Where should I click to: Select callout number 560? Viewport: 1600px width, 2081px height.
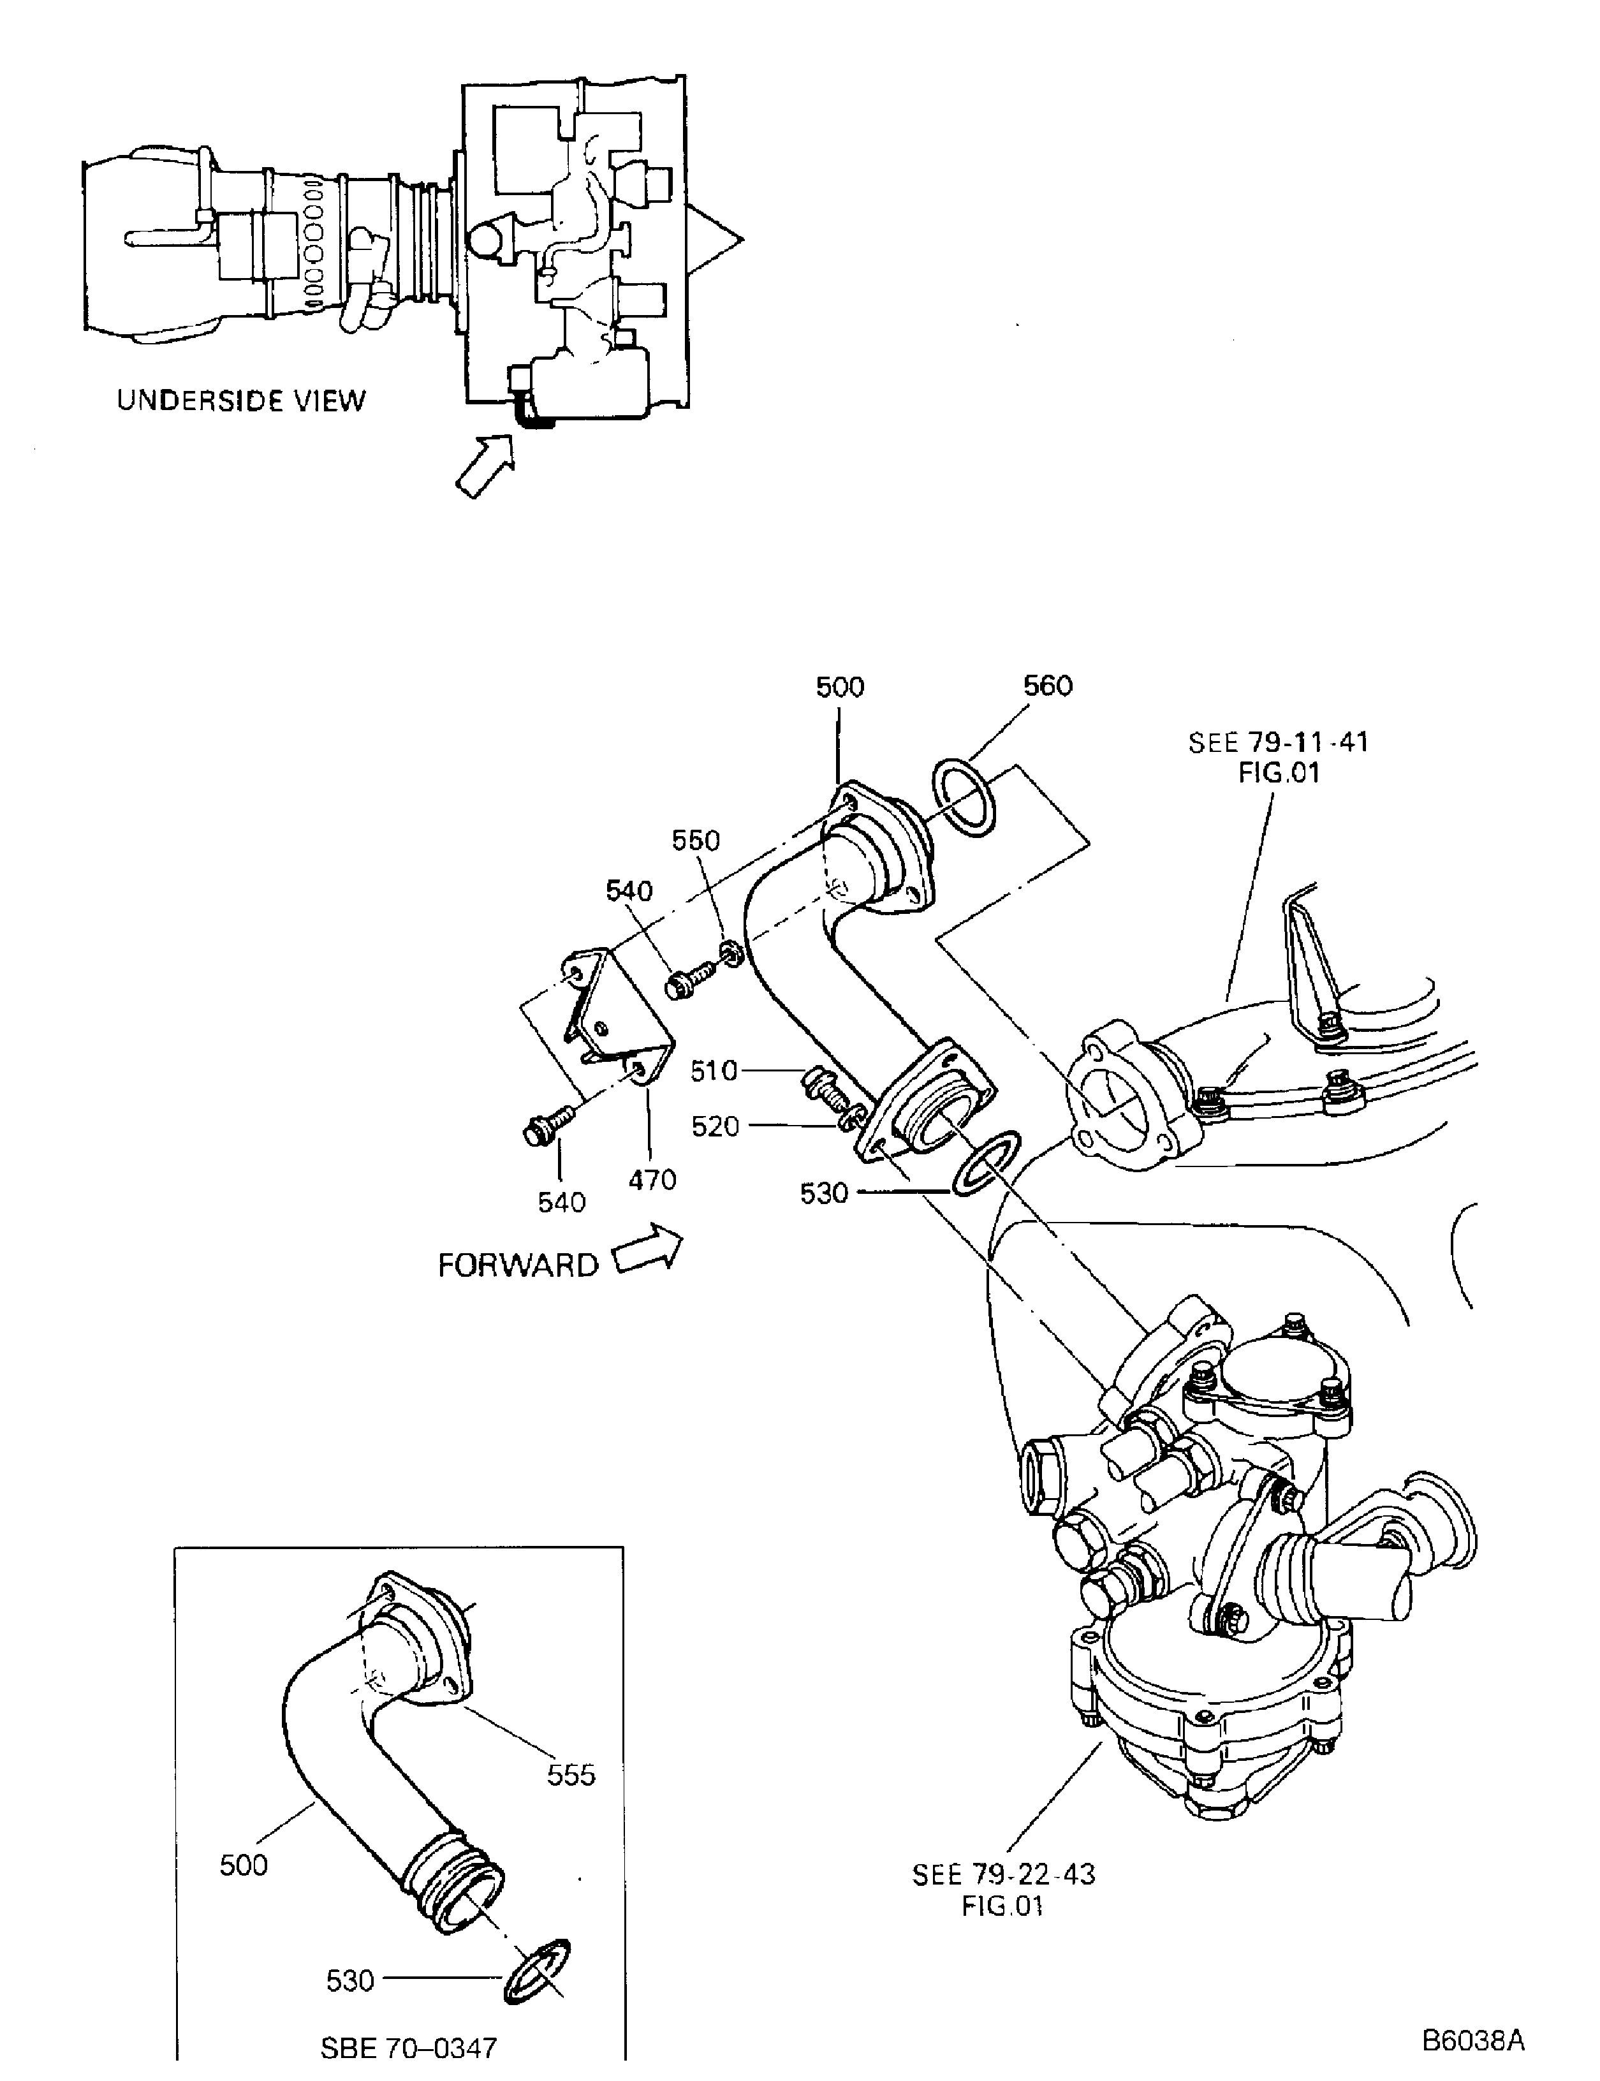[1048, 686]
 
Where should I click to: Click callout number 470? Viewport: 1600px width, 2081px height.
[652, 1179]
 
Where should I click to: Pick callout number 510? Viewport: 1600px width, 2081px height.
[714, 1071]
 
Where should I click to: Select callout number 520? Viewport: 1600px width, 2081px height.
[716, 1127]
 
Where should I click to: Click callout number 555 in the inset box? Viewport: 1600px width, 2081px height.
[571, 1774]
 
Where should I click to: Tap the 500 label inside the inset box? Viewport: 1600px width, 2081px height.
[244, 1865]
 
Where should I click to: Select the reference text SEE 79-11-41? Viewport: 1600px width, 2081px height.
[1277, 743]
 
